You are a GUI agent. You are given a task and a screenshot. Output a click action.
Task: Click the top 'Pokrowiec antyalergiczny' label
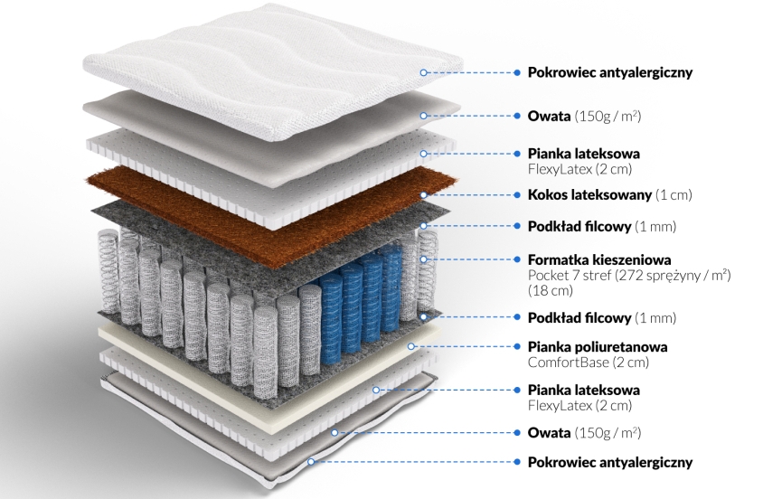pyautogui.click(x=610, y=72)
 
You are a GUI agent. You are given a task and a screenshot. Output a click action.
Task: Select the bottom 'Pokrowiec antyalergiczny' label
pyautogui.click(x=610, y=462)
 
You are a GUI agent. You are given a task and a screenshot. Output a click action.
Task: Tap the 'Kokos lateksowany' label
pyautogui.click(x=589, y=195)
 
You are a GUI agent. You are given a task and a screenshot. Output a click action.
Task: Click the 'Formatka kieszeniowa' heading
pyautogui.click(x=599, y=259)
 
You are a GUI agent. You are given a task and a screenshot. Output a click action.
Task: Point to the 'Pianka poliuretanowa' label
pyautogui.click(x=598, y=347)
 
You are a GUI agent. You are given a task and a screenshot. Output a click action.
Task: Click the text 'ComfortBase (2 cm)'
pyautogui.click(x=589, y=362)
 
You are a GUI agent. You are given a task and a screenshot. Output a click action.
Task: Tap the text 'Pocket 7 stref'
pyautogui.click(x=570, y=276)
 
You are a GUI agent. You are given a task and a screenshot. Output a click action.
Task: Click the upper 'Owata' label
pyautogui.click(x=550, y=117)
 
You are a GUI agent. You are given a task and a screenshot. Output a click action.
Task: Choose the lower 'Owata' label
pyautogui.click(x=550, y=433)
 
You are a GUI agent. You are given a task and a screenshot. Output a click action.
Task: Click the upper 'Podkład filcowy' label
pyautogui.click(x=579, y=226)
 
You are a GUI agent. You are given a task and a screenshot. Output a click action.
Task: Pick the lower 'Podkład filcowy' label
pyautogui.click(x=579, y=317)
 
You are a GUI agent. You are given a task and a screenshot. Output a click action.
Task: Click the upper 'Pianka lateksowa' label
pyautogui.click(x=584, y=154)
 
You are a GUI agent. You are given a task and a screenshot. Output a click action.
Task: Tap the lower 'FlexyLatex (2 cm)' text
pyautogui.click(x=580, y=405)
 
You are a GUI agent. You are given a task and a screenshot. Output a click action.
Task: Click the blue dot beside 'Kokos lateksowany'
pyautogui.click(x=517, y=195)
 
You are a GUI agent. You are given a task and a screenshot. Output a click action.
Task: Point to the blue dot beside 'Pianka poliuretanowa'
pyautogui.click(x=517, y=347)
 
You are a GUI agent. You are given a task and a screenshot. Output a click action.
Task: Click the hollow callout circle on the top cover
pyautogui.click(x=423, y=72)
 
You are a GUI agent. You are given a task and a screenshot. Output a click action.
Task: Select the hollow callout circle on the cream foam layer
pyautogui.click(x=411, y=347)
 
